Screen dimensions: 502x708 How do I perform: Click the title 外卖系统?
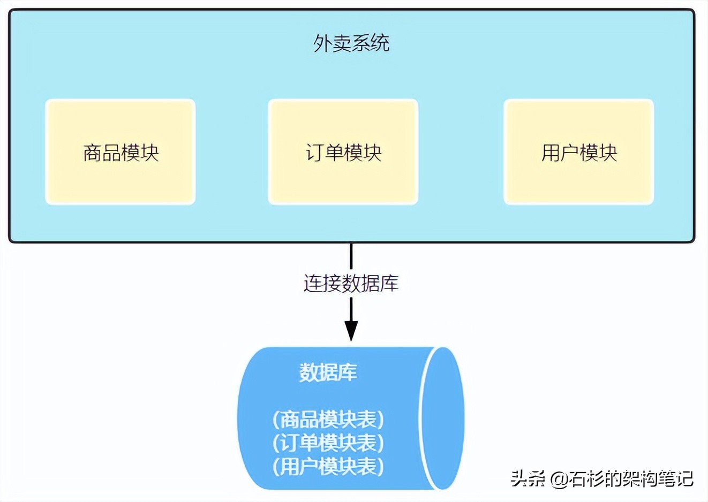click(x=351, y=43)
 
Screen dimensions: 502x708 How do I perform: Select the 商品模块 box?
click(x=120, y=152)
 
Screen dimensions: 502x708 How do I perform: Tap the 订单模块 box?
click(x=343, y=152)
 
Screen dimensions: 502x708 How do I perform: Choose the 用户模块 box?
click(x=578, y=152)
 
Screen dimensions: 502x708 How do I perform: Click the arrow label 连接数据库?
click(x=351, y=283)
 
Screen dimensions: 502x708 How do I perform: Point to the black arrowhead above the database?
click(x=351, y=330)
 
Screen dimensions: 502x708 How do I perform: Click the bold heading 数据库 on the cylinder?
click(x=328, y=372)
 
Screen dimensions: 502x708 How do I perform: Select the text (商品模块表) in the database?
click(x=328, y=419)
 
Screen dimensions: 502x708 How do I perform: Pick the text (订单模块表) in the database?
click(x=328, y=443)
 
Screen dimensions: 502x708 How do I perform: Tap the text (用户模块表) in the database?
click(x=328, y=466)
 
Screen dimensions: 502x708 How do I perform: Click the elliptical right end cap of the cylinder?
click(x=442, y=418)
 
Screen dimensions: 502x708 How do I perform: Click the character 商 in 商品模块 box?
click(x=93, y=153)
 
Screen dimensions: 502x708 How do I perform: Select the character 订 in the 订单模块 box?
click(x=315, y=153)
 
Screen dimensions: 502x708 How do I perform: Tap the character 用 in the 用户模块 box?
click(x=551, y=153)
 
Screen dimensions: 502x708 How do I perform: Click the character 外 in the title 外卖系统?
click(x=322, y=43)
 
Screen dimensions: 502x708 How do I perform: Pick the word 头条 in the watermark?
click(x=528, y=478)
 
